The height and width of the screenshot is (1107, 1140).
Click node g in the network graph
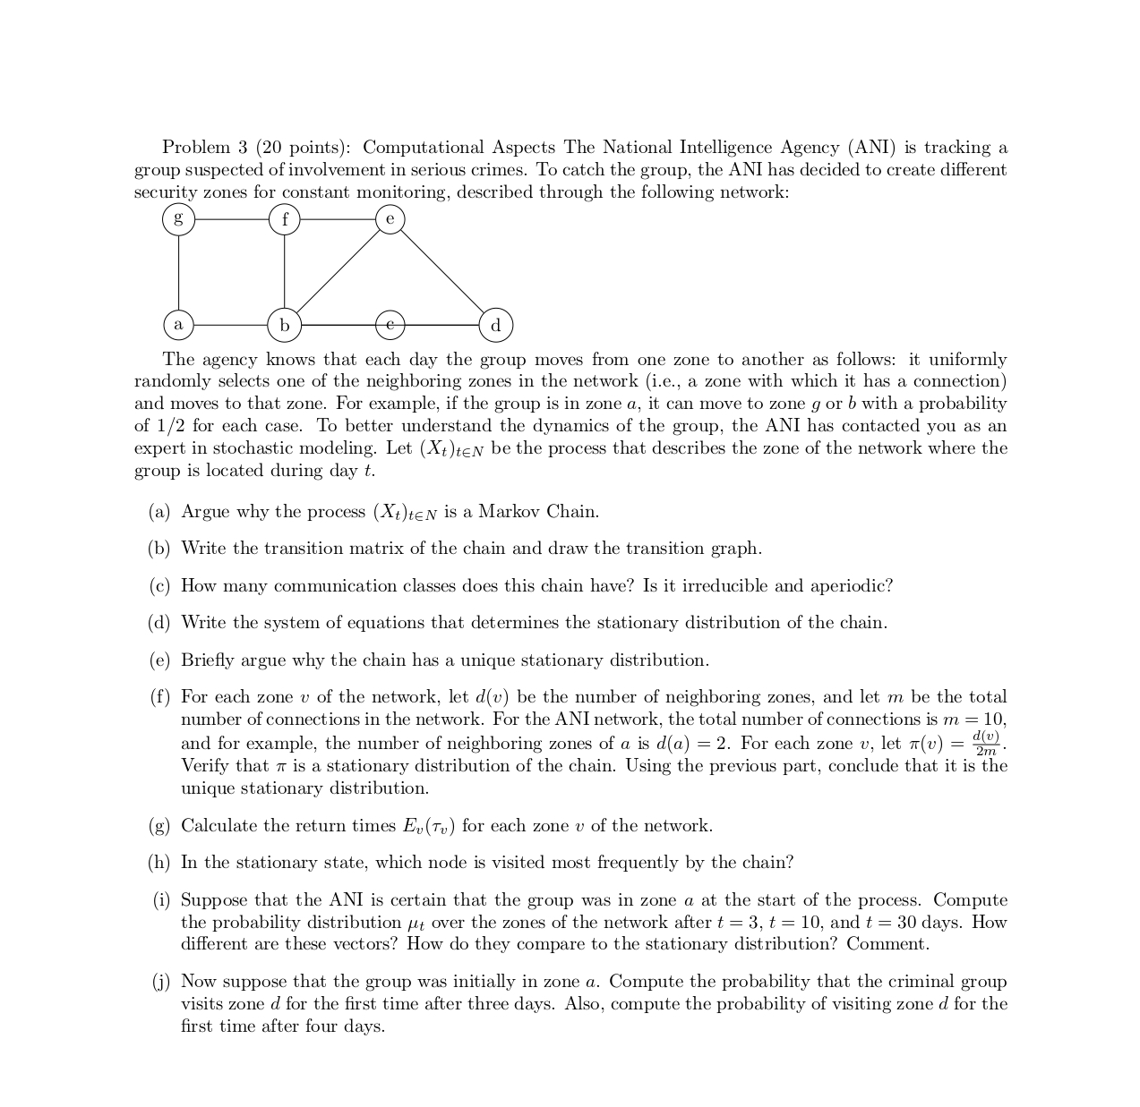[178, 218]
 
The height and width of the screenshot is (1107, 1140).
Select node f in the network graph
[285, 218]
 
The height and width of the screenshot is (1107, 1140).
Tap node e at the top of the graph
[390, 218]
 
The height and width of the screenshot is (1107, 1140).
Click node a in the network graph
[178, 324]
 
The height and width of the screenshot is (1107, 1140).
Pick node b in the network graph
[285, 325]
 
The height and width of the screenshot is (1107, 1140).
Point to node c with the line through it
[390, 324]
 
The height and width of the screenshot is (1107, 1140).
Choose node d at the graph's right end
[496, 325]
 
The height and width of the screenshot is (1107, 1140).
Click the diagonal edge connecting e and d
[442, 271]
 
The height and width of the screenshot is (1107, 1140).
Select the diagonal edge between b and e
[338, 271]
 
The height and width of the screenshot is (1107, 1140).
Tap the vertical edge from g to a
[178, 271]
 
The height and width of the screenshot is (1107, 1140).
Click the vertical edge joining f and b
[285, 271]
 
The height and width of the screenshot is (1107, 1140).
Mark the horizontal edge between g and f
[231, 218]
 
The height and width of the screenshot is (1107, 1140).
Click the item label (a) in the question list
[159, 512]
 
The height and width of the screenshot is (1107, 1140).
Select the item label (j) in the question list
[160, 982]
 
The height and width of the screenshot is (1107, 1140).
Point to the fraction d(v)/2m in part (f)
[986, 744]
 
